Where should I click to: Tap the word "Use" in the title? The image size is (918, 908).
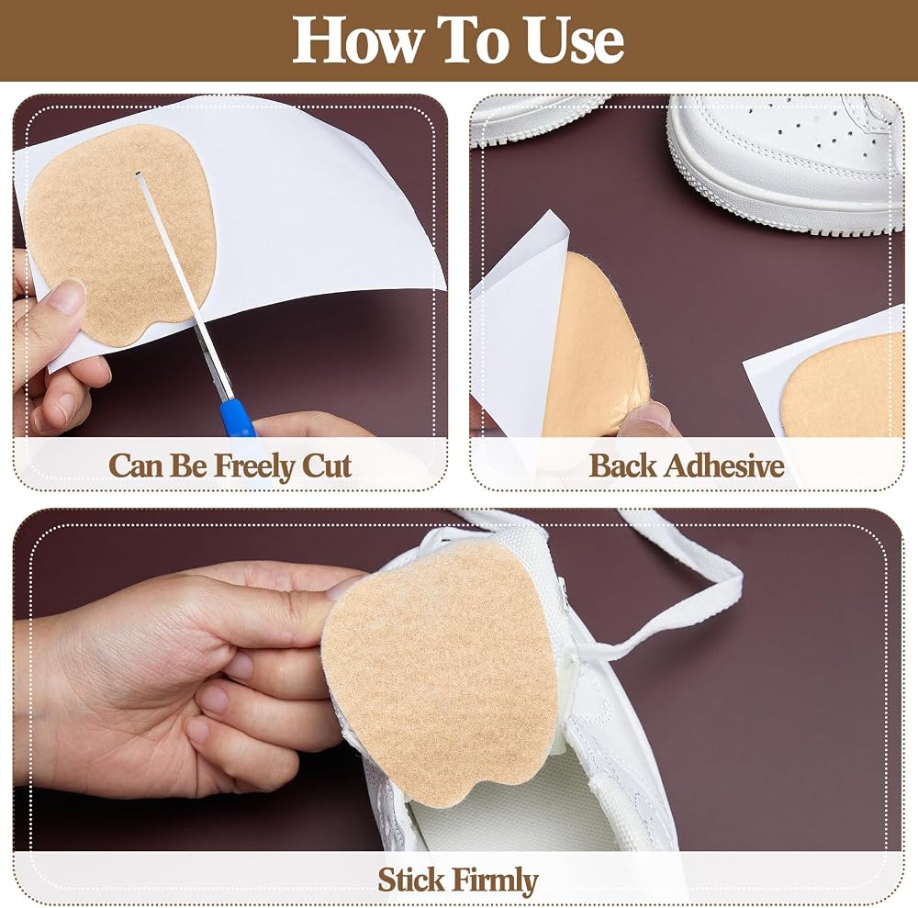[575, 39]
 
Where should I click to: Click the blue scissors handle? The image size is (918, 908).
[238, 418]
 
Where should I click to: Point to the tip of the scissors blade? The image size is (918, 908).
[138, 174]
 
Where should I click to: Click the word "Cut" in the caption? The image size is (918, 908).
[326, 466]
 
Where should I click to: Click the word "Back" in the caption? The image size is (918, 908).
[622, 466]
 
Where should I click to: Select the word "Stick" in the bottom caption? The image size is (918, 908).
[411, 880]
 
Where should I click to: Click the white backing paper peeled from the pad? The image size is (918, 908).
[515, 328]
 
